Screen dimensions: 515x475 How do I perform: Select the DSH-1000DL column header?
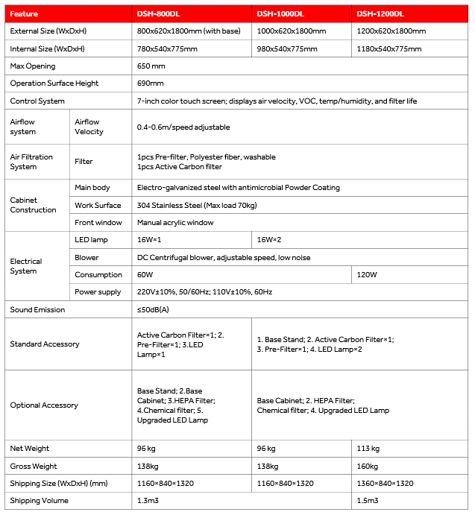tap(281, 14)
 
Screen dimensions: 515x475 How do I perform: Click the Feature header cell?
tap(25, 14)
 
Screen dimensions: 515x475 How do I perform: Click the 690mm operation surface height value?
tap(151, 83)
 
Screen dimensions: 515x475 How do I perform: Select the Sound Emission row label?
tap(37, 309)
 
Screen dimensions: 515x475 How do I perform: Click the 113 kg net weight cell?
tap(368, 449)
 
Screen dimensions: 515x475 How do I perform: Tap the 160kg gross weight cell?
tap(368, 466)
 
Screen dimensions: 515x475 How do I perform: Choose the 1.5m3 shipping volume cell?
tap(368, 501)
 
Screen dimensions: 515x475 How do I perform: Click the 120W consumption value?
tap(367, 275)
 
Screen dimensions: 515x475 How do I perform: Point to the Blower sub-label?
tap(86, 257)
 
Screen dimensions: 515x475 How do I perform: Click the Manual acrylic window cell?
tap(175, 222)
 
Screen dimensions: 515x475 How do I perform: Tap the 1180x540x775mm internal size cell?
tap(389, 48)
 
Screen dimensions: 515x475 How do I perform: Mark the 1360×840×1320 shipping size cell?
tap(385, 483)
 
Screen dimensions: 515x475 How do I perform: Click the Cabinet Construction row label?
tap(33, 205)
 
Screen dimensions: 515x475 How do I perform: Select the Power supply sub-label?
tap(98, 292)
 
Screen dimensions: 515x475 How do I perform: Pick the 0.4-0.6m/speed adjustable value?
tap(183, 127)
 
